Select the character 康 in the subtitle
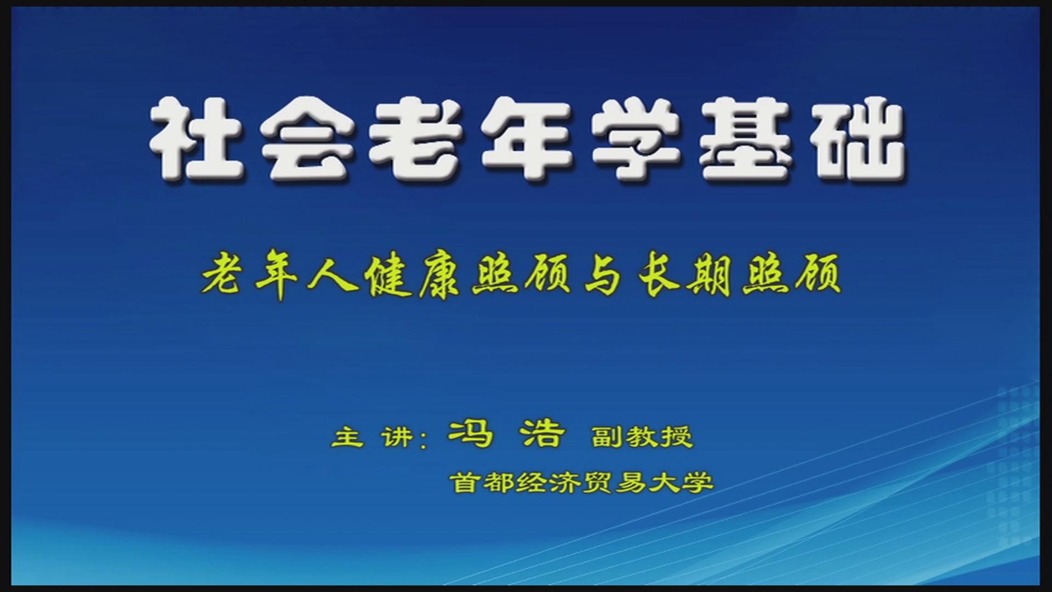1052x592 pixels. (442, 277)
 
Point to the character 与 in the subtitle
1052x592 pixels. (602, 276)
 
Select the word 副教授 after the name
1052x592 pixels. (643, 437)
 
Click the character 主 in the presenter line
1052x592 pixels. (347, 437)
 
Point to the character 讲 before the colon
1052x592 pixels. (398, 437)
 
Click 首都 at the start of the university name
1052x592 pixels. (482, 483)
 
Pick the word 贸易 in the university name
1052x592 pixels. (614, 483)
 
